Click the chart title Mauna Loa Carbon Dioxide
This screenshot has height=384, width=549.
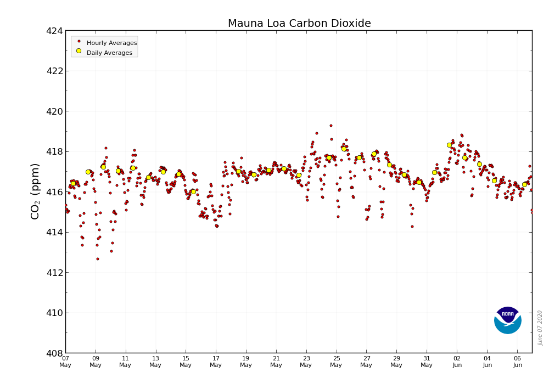coord(299,24)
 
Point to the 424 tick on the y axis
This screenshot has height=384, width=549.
coord(55,31)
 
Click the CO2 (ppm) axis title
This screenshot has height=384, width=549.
coord(36,191)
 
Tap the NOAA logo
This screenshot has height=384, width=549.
coord(507,320)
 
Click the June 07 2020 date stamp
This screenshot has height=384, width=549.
coord(540,327)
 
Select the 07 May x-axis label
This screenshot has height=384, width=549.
coord(65,362)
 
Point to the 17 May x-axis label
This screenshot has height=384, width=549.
coord(216,362)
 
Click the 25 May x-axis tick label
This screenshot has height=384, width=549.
coord(336,362)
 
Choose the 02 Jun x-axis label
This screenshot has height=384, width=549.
coord(457,362)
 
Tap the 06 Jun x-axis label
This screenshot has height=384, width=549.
coord(517,362)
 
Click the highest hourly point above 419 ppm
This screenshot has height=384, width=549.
coord(331,126)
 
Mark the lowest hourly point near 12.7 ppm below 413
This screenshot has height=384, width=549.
coord(98,259)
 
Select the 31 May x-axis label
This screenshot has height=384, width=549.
coord(427,362)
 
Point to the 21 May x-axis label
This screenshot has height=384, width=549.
coord(276,362)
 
